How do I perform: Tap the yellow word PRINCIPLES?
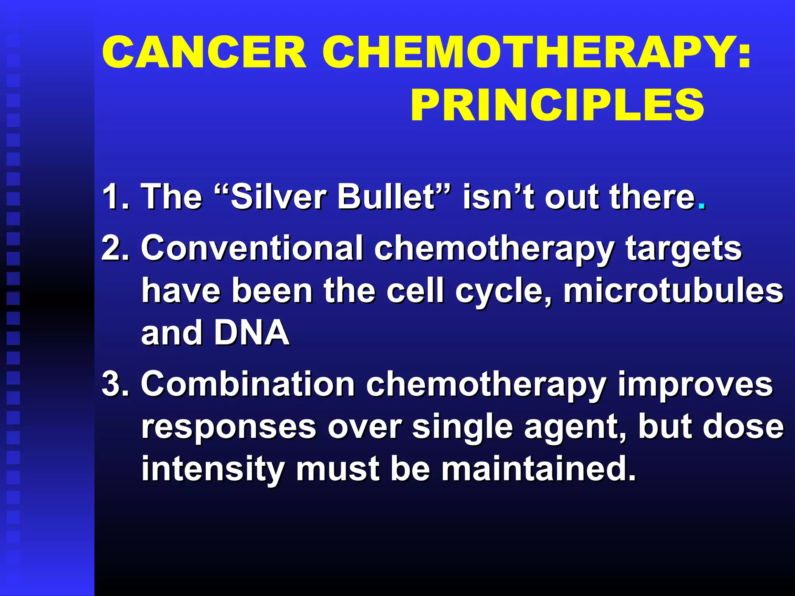557,105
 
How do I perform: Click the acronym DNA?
252,333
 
